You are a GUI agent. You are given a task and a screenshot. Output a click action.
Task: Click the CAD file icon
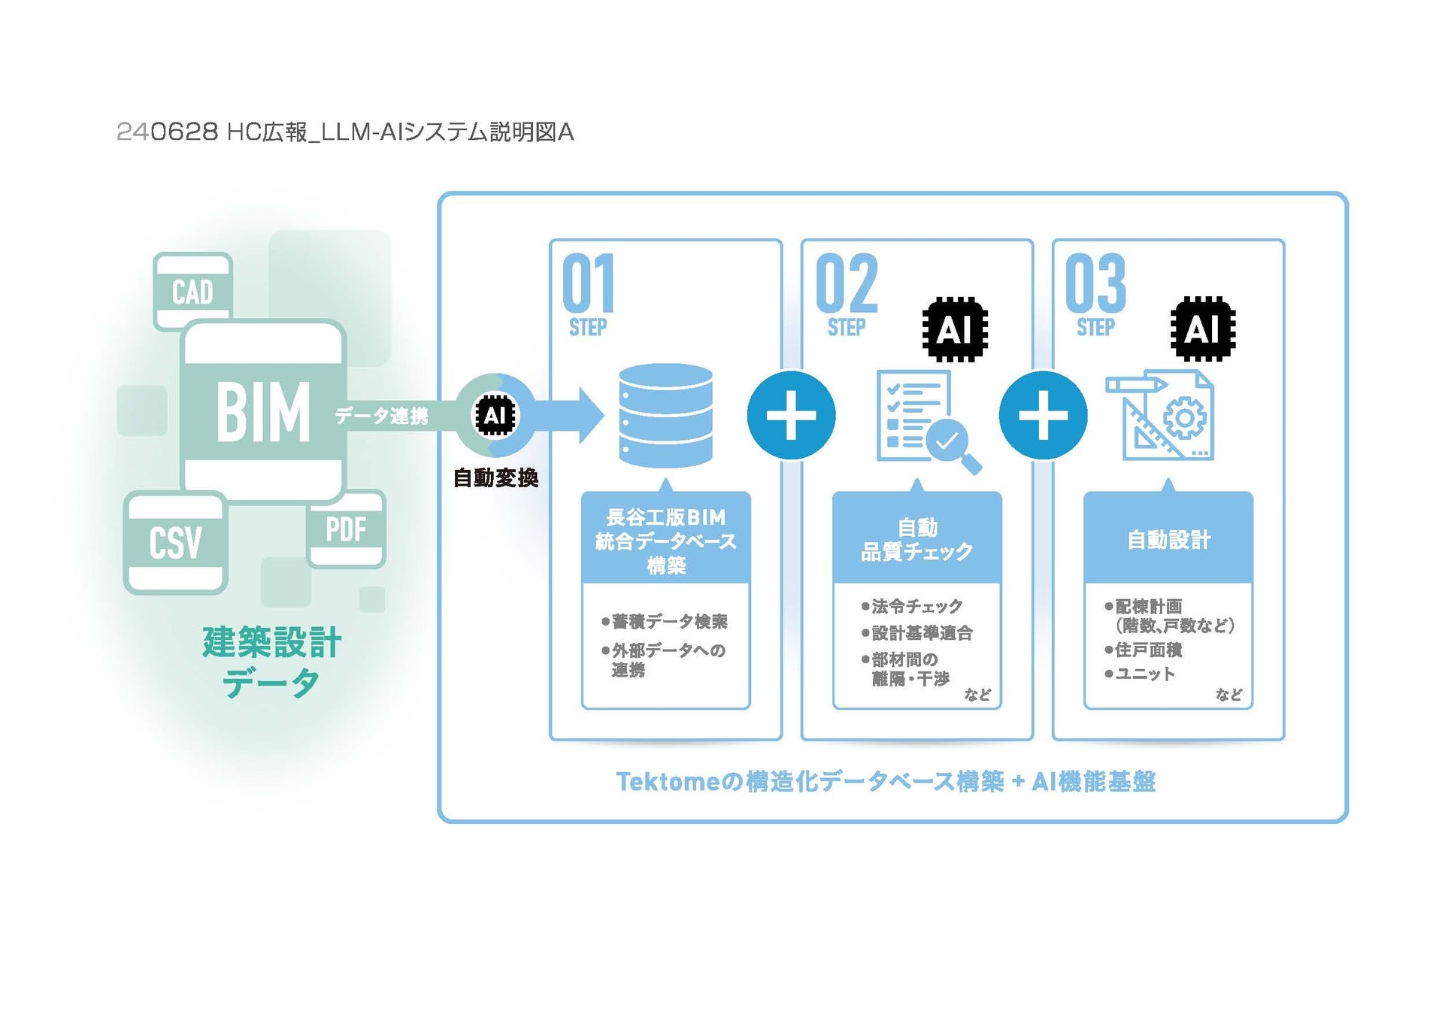[x=192, y=291]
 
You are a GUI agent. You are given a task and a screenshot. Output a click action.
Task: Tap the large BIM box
[x=263, y=411]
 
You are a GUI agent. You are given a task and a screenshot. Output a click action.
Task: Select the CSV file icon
[x=175, y=542]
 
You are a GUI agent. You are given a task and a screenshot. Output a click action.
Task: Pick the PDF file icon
[x=346, y=529]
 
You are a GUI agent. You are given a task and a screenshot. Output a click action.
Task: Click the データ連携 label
[x=381, y=416]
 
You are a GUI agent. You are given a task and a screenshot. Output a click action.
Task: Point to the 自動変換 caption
[x=495, y=478]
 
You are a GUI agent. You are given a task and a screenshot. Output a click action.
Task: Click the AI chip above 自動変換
[x=495, y=415]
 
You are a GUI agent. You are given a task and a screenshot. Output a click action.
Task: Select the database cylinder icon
[x=665, y=416]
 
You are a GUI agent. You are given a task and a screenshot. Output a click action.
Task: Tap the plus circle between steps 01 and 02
[x=791, y=415]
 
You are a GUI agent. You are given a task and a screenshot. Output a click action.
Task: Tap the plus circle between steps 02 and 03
[x=1043, y=415]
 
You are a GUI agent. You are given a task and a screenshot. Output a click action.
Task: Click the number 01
[x=588, y=283]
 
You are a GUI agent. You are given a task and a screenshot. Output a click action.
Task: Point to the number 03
[x=1095, y=283]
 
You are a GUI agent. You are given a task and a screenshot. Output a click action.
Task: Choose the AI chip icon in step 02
[x=955, y=329]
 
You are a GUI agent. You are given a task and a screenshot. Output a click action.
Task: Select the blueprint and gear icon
[x=1161, y=415]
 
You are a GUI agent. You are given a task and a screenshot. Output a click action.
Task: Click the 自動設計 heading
[x=1168, y=540]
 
